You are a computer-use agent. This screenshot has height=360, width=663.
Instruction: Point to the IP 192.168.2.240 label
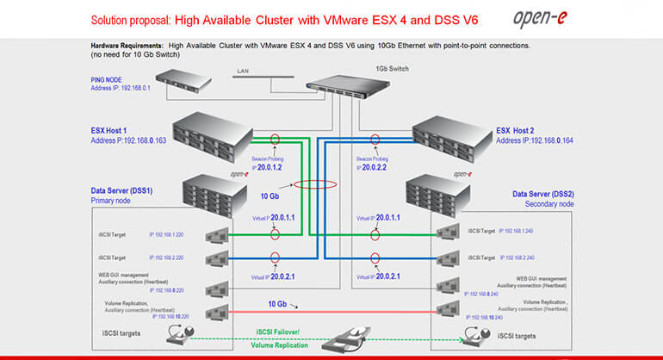tap(518, 258)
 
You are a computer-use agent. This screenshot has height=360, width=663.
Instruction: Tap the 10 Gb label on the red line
tap(276, 304)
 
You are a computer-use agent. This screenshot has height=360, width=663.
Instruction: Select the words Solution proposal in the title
tap(126, 18)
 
